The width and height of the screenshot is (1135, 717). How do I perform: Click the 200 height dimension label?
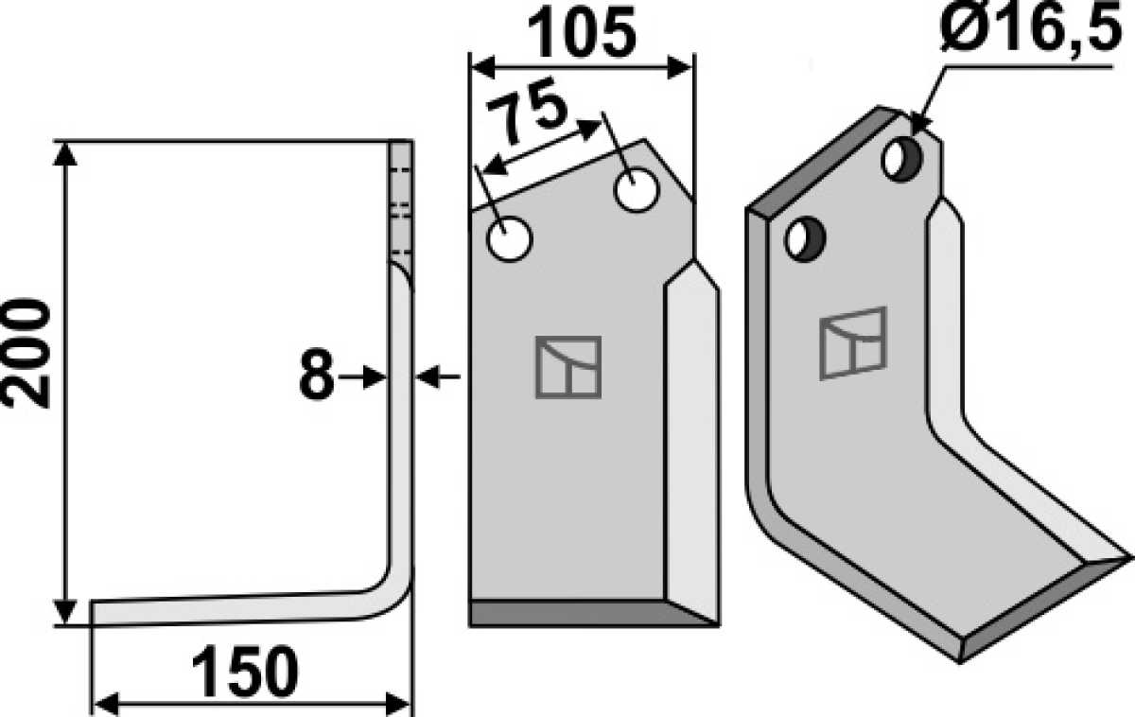26,354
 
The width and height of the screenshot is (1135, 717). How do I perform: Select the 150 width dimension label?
245,672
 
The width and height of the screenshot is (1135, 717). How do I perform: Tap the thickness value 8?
317,374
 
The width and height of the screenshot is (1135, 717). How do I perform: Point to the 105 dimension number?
582,33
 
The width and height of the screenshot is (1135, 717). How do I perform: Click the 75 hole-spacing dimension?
527,113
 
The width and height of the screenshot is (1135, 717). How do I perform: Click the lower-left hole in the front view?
509,239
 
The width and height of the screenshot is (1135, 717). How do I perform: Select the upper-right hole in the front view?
636,190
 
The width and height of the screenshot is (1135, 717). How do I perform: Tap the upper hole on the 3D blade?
902,160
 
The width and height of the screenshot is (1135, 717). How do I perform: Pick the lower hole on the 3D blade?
805,239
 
